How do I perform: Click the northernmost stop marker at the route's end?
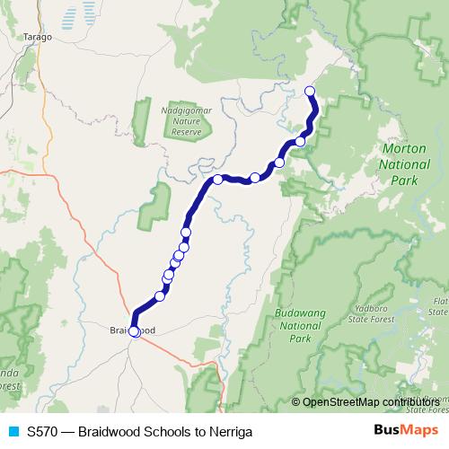click(311, 90)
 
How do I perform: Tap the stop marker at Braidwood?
click(134, 330)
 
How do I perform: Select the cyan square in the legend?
click(12, 430)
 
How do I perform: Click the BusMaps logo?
click(406, 430)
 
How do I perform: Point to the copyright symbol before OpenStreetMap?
click(296, 402)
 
